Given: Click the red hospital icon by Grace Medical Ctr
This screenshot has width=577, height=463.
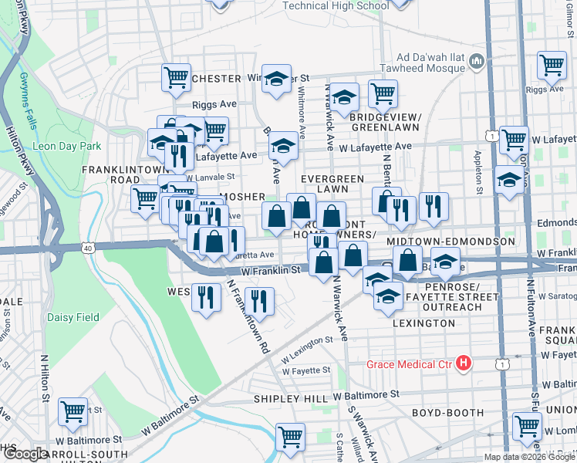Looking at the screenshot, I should [464, 362].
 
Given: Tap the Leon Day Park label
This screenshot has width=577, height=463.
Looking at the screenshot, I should [67, 146].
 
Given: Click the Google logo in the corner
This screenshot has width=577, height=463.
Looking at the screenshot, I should [25, 454].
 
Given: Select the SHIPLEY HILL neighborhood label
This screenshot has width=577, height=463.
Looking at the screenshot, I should [292, 399].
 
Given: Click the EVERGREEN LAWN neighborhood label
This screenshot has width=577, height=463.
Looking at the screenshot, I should [332, 184].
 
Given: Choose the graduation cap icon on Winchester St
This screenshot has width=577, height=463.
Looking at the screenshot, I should [275, 79].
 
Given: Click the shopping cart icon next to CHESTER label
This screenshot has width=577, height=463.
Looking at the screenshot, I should [177, 77].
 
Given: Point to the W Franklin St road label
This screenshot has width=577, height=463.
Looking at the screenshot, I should [270, 271].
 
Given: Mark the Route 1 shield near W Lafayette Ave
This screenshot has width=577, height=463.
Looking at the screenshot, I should [491, 136].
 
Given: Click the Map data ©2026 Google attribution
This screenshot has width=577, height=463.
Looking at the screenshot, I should [529, 457].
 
